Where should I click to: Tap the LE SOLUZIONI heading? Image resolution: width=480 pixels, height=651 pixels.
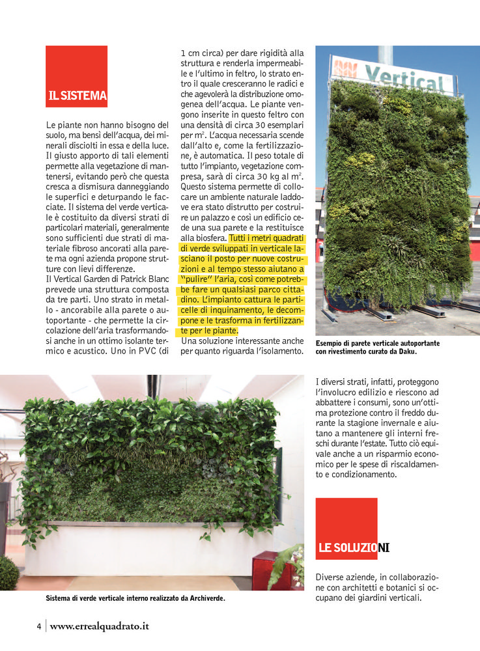pos(354,547)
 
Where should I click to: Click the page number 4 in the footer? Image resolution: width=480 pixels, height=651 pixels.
pos(39,626)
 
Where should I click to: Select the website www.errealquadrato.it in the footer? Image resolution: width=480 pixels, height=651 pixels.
pos(100,626)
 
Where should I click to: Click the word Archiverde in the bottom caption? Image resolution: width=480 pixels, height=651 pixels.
pos(212,598)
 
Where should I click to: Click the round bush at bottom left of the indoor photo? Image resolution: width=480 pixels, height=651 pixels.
pos(8,573)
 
